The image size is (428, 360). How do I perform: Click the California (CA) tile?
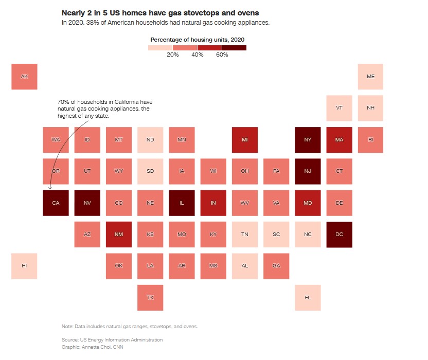[x=56, y=203]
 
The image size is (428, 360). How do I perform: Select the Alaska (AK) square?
[x=24, y=77]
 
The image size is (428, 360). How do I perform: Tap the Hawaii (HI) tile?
[x=24, y=266]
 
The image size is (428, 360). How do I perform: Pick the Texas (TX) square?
[x=150, y=297]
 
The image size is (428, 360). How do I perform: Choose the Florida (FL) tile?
[x=308, y=297]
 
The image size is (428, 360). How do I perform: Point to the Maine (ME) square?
[x=370, y=77]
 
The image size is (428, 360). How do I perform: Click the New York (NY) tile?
[x=308, y=140]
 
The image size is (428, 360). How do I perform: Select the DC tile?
[x=339, y=235]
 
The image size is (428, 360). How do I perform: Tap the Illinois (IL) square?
[x=182, y=203]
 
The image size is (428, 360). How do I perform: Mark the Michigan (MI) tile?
[x=244, y=140]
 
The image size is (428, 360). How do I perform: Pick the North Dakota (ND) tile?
[x=150, y=140]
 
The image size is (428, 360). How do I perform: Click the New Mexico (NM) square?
[x=119, y=235]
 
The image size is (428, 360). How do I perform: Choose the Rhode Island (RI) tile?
[x=370, y=140]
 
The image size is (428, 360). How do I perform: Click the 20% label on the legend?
[x=173, y=55]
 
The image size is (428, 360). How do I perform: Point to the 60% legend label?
[x=222, y=55]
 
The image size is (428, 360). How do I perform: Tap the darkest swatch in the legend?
[x=234, y=48]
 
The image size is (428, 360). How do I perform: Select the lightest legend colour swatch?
[x=160, y=48]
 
